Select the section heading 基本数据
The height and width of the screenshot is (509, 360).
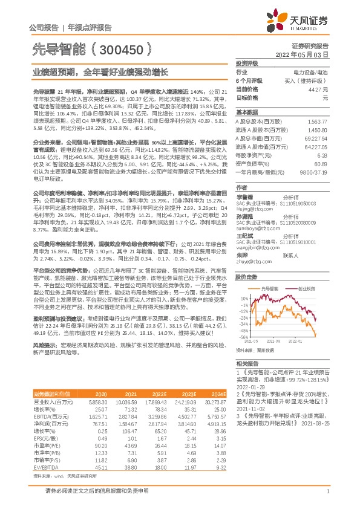(x=246, y=112)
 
